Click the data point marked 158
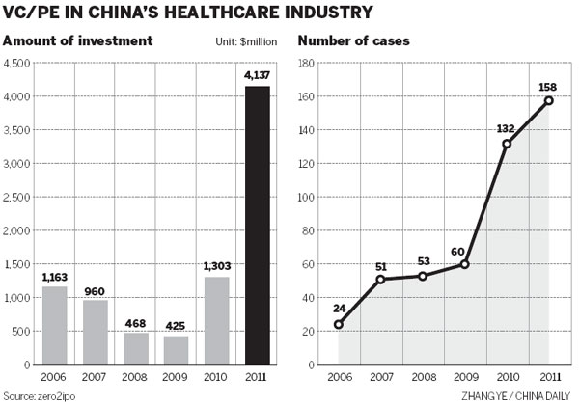(x=548, y=100)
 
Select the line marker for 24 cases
(x=339, y=325)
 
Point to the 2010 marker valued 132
(x=506, y=144)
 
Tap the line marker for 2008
(x=423, y=276)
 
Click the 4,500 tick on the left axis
(x=17, y=64)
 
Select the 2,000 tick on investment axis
(x=17, y=231)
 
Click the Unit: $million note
(x=250, y=42)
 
